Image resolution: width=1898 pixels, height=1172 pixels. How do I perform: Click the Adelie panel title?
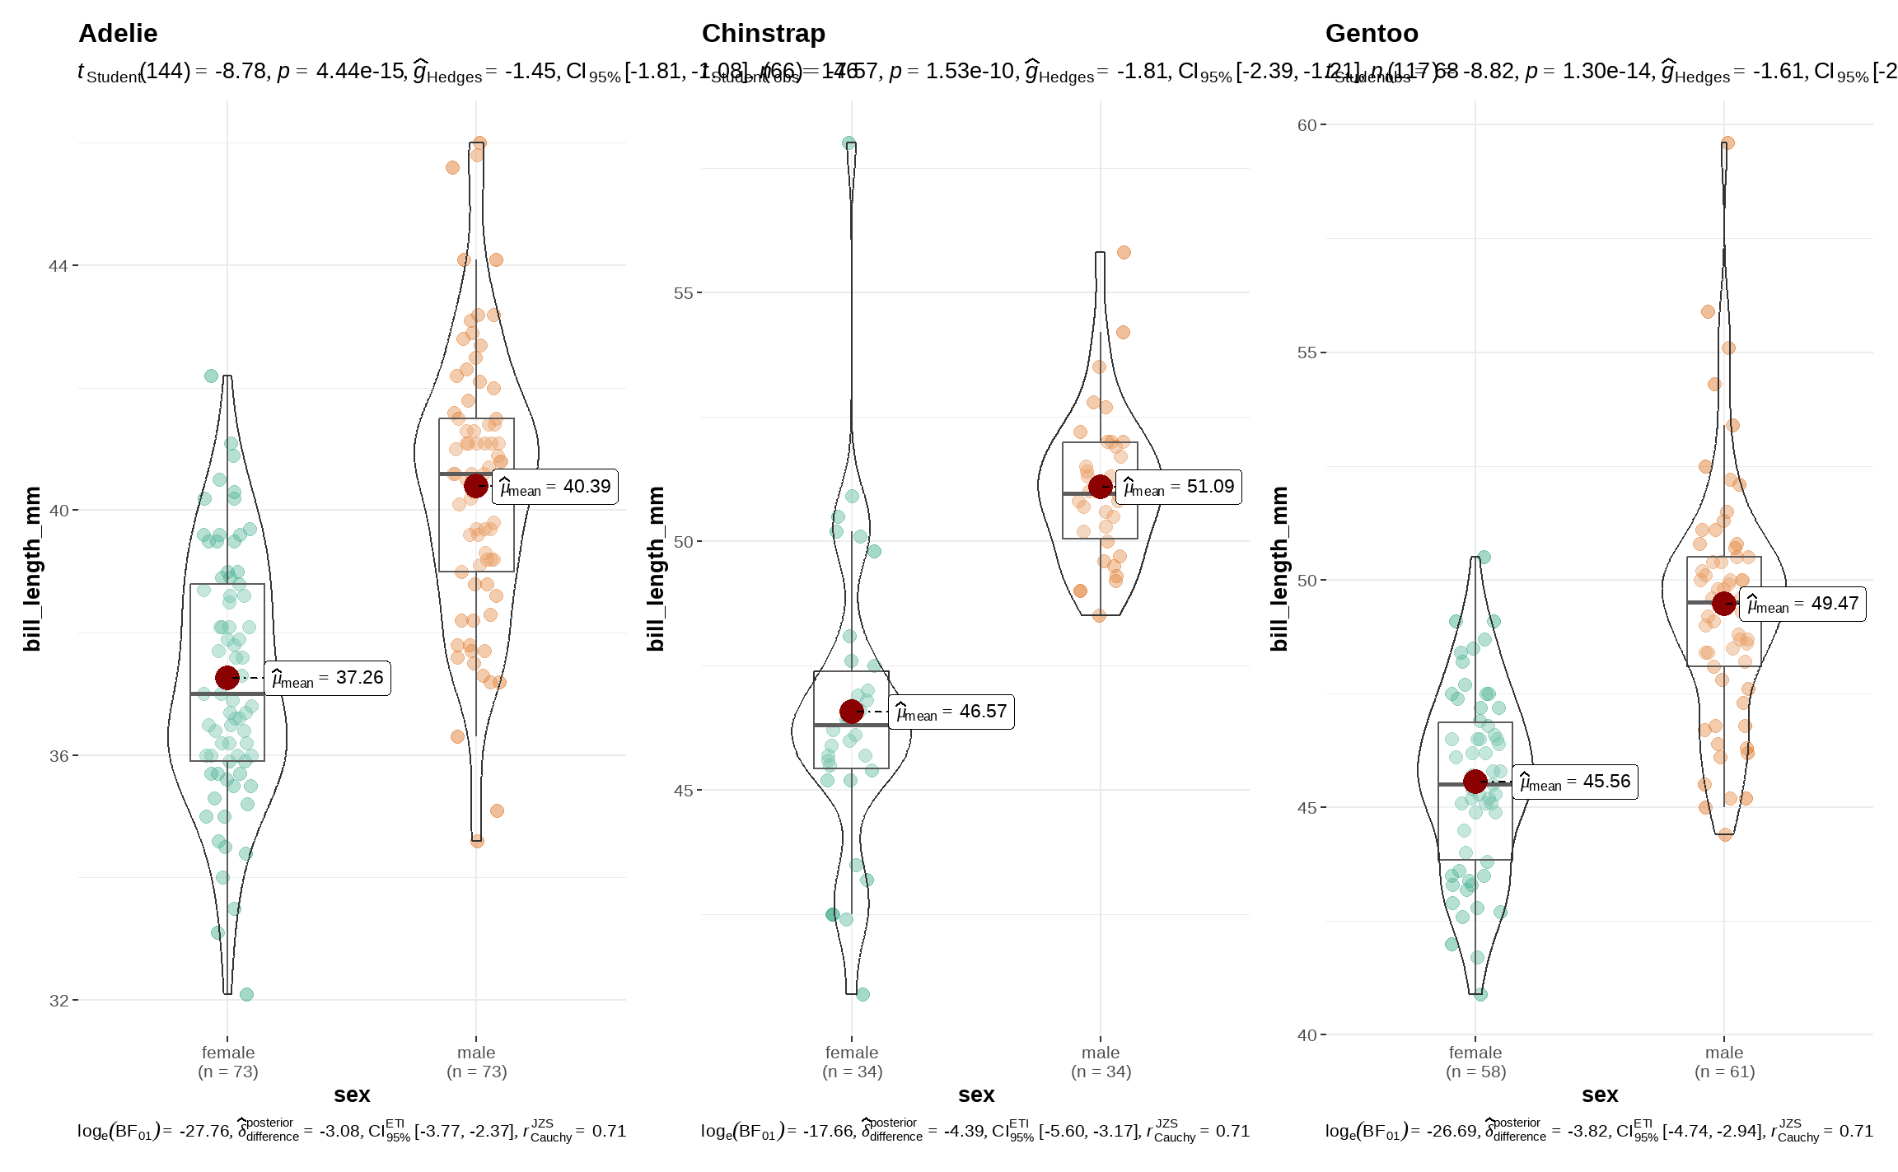click(118, 34)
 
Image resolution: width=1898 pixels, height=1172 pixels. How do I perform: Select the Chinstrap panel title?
click(763, 34)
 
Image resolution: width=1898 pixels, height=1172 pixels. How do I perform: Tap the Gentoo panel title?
click(1372, 34)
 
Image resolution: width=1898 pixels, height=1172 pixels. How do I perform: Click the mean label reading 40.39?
click(555, 487)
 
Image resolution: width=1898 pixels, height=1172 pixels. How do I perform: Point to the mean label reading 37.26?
click(327, 678)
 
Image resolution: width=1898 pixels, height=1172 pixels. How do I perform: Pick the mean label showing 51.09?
click(1179, 487)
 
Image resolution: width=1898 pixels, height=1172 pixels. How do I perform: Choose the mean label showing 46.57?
click(951, 712)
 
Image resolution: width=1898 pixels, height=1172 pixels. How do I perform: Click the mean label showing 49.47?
click(1802, 604)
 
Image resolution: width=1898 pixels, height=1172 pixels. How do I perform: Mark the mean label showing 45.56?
click(1574, 782)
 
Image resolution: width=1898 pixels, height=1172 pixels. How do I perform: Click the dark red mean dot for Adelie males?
click(476, 486)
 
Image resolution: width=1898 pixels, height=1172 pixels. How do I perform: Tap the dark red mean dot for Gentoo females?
click(1475, 781)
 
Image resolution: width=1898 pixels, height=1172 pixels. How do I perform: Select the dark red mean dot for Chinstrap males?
click(1101, 487)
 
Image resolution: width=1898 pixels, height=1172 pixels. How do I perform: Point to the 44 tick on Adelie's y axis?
click(58, 266)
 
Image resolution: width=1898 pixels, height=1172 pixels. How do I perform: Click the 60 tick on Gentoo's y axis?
click(1307, 125)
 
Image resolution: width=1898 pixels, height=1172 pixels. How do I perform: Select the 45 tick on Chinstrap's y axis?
click(683, 791)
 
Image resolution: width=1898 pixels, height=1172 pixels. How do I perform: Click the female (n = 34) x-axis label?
click(852, 1062)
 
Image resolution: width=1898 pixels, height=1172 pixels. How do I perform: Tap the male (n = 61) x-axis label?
click(1724, 1062)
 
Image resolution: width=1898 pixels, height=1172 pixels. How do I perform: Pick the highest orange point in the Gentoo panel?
click(1727, 143)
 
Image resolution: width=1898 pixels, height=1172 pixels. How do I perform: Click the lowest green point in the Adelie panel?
click(246, 994)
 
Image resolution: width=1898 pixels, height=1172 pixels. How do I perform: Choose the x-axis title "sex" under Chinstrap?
click(976, 1095)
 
